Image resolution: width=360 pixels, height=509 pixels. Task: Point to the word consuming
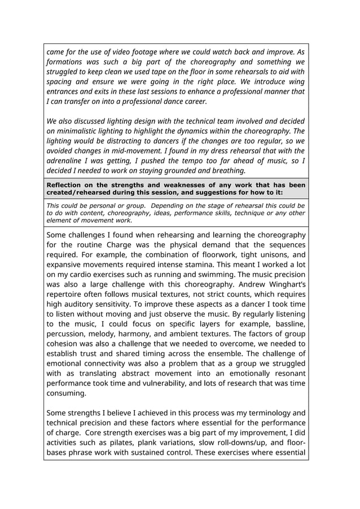point(66,393)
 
